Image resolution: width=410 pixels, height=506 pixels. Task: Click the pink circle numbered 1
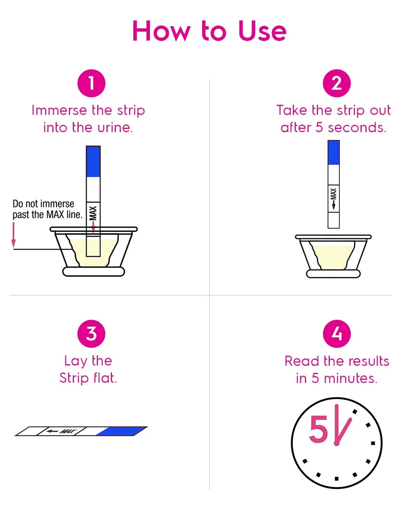tap(91, 83)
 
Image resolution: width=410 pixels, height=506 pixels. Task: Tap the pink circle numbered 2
tap(336, 83)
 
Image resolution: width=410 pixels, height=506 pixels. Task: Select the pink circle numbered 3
tap(91, 333)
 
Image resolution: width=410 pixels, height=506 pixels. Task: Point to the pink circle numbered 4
tap(337, 333)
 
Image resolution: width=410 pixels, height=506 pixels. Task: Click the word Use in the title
tap(262, 32)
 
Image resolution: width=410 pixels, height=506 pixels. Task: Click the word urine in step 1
tap(114, 128)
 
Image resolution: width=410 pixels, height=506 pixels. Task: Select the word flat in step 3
tap(104, 378)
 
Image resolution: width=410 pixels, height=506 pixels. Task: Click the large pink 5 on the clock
tap(319, 429)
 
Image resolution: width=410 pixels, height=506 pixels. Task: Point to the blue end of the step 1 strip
tap(93, 161)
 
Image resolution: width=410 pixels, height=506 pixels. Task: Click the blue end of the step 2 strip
tap(334, 153)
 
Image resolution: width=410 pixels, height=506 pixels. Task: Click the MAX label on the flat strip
tap(68, 431)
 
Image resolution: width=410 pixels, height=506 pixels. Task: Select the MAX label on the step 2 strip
tap(334, 193)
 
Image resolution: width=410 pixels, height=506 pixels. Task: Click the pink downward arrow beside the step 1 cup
tap(14, 235)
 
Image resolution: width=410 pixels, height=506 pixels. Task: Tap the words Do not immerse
tap(43, 204)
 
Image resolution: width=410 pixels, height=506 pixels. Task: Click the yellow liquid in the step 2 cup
tap(333, 257)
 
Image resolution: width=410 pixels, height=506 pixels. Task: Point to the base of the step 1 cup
tap(94, 272)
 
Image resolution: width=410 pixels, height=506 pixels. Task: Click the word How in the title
tap(161, 32)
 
